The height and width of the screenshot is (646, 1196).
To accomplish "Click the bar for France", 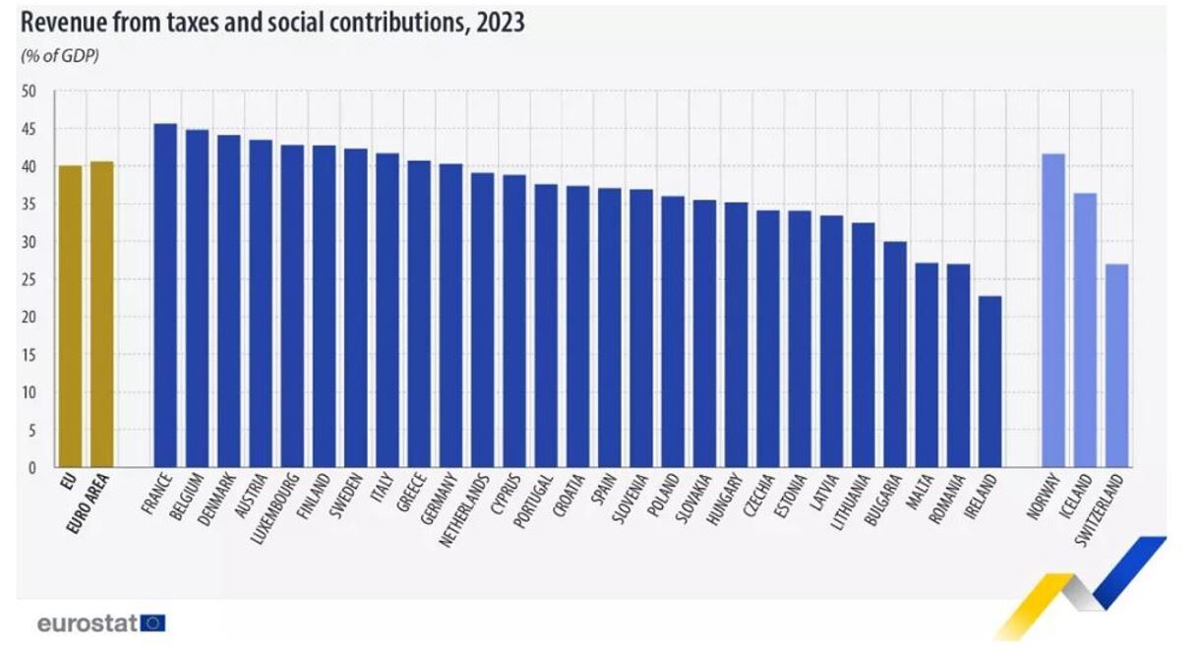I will point(165,295).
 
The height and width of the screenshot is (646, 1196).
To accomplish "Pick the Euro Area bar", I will point(101,315).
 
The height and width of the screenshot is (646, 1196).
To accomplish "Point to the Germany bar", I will point(450,316).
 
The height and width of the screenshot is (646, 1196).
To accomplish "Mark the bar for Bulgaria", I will point(895,354).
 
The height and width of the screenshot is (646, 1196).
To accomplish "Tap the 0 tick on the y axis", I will point(31,468).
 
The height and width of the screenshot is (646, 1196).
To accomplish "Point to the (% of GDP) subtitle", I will point(60,55).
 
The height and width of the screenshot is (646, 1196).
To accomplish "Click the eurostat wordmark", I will point(87,622).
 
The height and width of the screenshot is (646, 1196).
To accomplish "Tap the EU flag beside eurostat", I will point(153,622).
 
